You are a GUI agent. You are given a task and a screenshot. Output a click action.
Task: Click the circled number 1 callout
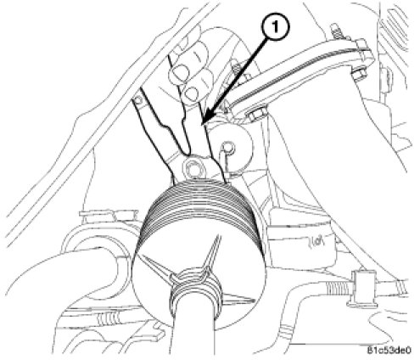[x=275, y=27]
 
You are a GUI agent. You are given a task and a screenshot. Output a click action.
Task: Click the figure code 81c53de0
[x=389, y=351]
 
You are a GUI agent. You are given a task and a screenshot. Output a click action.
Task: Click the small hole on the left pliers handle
[x=138, y=99]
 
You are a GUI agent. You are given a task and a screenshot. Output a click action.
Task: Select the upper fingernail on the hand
[x=179, y=73]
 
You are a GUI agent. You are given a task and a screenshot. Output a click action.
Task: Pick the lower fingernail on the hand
[x=192, y=93]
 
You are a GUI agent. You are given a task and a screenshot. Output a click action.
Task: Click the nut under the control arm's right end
[x=359, y=73]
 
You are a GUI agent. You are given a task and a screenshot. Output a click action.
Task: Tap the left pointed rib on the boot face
[x=159, y=267]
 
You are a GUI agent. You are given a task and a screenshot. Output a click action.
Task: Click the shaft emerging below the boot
[x=195, y=334]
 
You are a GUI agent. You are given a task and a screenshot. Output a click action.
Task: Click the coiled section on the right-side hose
[x=338, y=289]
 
